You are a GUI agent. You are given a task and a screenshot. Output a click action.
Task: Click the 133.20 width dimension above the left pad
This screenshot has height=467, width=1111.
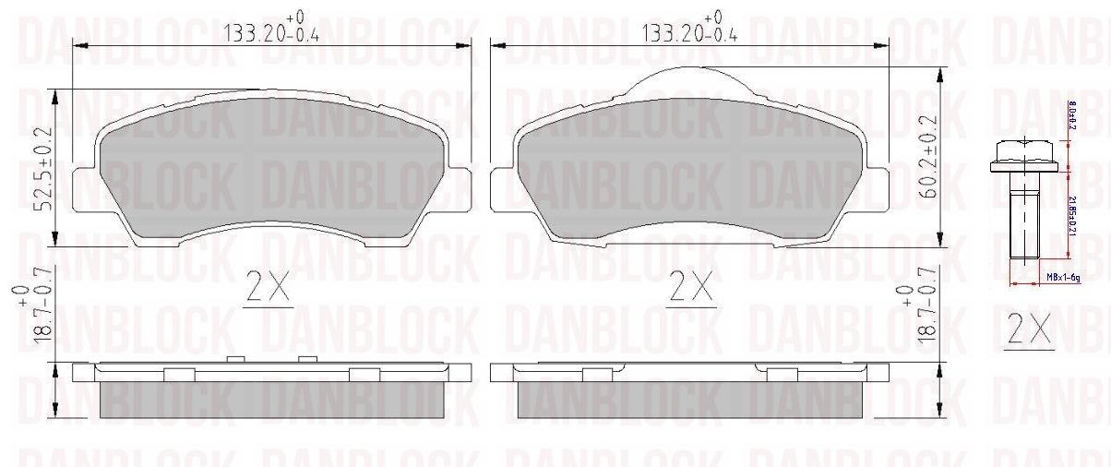click(273, 33)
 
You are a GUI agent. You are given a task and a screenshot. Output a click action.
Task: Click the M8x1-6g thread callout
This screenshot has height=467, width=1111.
click(1063, 278)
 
